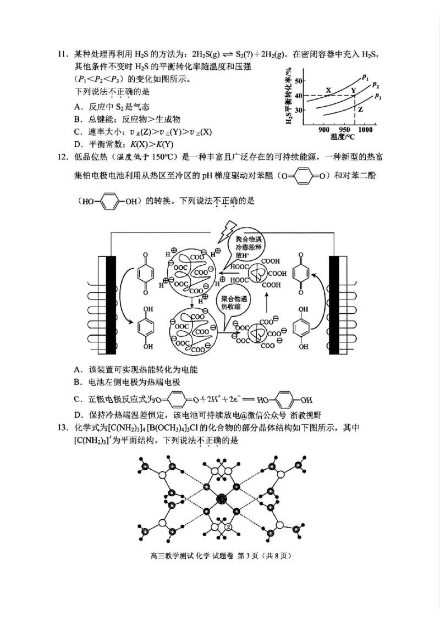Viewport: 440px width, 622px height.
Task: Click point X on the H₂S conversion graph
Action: point(329,90)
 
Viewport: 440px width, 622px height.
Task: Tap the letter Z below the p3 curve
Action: point(361,109)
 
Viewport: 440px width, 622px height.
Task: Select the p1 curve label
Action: point(366,76)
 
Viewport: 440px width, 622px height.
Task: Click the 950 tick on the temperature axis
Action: point(344,130)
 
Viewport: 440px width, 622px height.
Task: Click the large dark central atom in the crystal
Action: point(222,499)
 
